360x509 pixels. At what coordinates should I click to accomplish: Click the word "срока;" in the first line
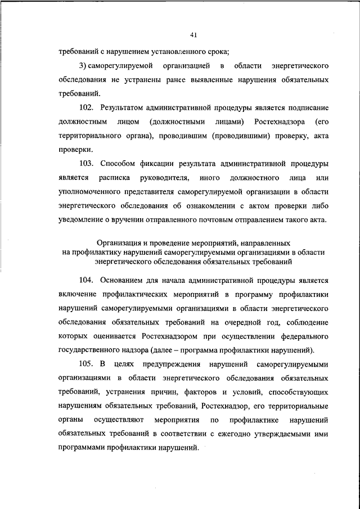click(217, 53)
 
